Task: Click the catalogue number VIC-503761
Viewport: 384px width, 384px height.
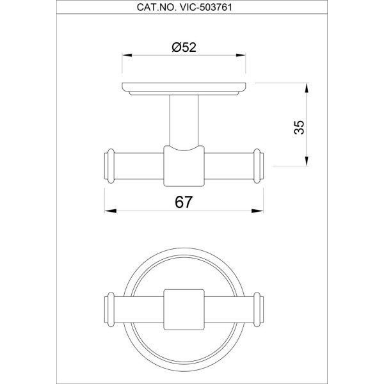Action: (x=206, y=7)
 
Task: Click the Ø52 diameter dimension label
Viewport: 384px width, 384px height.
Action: (x=184, y=47)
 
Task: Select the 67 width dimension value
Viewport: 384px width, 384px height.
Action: (x=184, y=202)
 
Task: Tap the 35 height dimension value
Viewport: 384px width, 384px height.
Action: (x=299, y=127)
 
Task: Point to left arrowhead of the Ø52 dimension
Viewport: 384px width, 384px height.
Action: (x=127, y=55)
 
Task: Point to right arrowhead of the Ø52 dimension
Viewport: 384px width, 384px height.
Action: (x=241, y=55)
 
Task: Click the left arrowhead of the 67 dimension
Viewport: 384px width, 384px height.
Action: (x=111, y=211)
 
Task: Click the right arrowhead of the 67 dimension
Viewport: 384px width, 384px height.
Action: (x=257, y=211)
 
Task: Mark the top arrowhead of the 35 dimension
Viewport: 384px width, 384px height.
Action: (x=307, y=88)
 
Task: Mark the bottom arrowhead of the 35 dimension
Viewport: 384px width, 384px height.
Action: (x=307, y=161)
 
